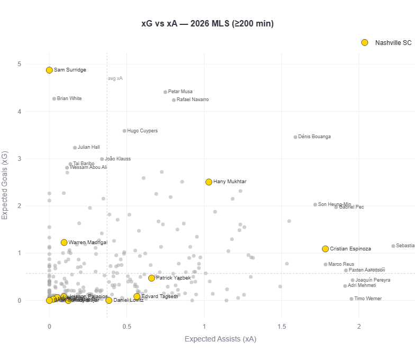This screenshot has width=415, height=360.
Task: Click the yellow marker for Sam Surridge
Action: (49, 70)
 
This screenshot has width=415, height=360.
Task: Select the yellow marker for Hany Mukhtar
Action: (209, 182)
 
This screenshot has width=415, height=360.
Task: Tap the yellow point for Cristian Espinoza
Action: (325, 249)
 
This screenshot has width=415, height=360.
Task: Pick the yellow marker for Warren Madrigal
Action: (64, 242)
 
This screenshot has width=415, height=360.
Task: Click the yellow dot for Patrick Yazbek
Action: (151, 278)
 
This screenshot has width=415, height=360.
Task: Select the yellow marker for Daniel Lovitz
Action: (109, 300)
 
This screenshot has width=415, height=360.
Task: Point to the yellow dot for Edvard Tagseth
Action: (137, 296)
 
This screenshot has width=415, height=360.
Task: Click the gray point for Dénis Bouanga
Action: (295, 137)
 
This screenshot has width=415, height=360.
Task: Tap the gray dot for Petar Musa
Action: (165, 92)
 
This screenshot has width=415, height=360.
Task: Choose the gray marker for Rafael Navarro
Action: (174, 100)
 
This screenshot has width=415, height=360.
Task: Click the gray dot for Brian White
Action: (54, 98)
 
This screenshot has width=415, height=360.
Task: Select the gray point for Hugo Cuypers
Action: (124, 131)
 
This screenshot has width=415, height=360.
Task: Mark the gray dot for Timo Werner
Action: (351, 299)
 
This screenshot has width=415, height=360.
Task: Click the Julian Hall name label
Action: (88, 147)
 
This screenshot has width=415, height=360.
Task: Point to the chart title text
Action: (207, 24)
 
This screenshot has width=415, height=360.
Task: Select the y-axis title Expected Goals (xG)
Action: (5, 185)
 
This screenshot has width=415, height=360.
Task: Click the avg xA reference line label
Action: (115, 78)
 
